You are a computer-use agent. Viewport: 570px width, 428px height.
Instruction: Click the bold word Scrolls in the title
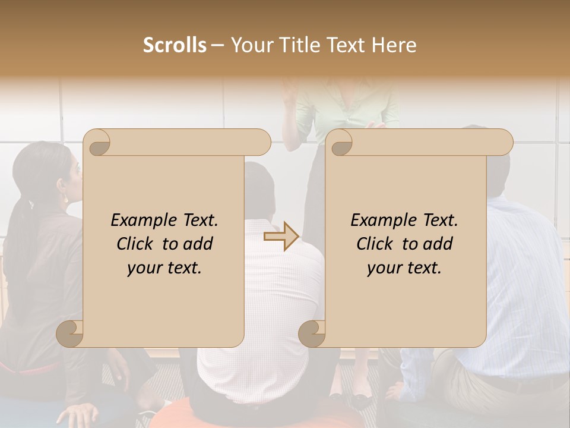175,45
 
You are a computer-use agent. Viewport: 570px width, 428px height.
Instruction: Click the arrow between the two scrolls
281,237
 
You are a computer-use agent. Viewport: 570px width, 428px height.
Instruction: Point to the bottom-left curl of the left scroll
70,333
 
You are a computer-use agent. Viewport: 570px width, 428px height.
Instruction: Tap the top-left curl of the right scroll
340,142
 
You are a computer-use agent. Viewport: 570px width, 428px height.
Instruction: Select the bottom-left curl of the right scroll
312,333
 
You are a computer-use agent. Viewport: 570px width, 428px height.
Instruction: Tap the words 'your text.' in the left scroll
164,268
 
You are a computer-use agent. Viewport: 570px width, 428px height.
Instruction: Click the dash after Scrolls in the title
218,45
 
